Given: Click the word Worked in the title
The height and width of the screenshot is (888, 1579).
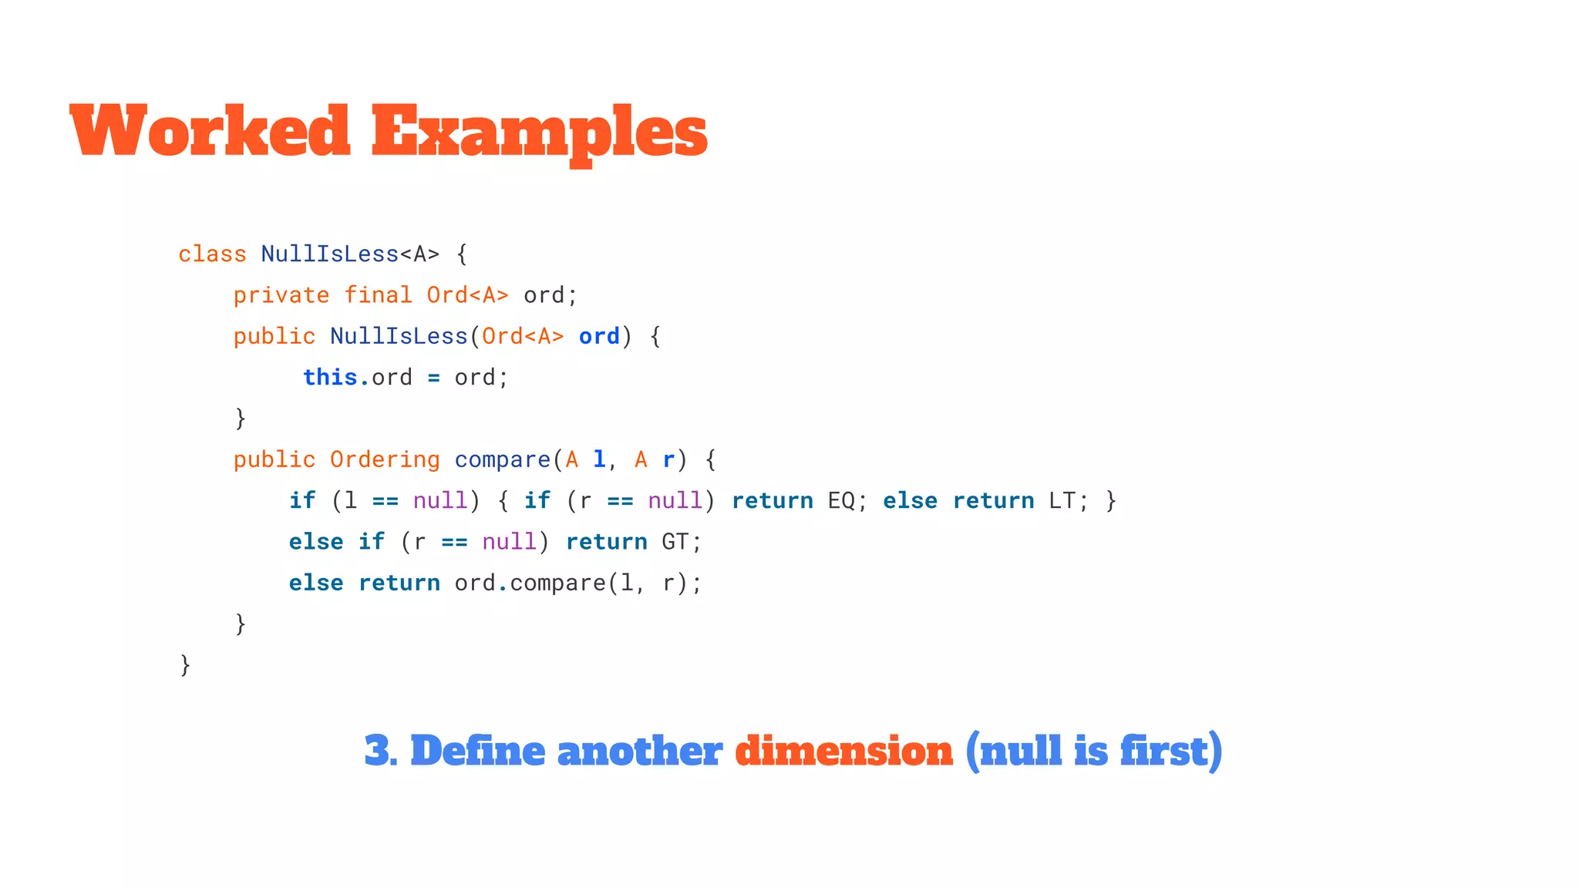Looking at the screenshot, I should [x=210, y=131].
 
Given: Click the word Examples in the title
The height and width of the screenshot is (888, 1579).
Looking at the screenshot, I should [x=539, y=133].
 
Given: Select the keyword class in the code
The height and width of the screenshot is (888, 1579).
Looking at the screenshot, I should [x=212, y=254].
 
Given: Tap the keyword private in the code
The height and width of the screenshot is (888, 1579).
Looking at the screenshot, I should [x=281, y=295].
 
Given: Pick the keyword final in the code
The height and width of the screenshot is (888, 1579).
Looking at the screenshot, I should [x=378, y=295].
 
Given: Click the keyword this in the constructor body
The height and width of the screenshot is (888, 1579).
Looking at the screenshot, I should [x=330, y=377].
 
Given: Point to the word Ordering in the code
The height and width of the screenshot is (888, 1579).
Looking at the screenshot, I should [x=385, y=459].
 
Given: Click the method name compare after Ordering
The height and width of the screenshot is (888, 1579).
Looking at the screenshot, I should [x=502, y=460].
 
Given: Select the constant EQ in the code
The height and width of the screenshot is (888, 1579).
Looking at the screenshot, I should [x=841, y=501].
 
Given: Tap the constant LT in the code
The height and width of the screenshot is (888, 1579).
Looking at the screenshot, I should [x=1062, y=501].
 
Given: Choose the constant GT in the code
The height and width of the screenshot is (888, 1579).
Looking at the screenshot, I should [x=675, y=542].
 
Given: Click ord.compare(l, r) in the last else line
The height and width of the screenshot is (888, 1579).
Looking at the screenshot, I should [x=572, y=584].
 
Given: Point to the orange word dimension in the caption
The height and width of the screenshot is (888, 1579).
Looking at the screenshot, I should [x=844, y=751].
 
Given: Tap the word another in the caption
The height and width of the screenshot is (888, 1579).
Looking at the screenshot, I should [x=640, y=751].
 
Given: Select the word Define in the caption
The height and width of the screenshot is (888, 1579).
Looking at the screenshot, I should [x=478, y=751].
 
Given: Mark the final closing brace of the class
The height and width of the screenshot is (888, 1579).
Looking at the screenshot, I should [x=185, y=664].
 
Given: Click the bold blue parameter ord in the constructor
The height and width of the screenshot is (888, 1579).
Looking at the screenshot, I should [x=599, y=337].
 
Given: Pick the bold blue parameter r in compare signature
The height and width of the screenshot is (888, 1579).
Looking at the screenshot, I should [x=668, y=460].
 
